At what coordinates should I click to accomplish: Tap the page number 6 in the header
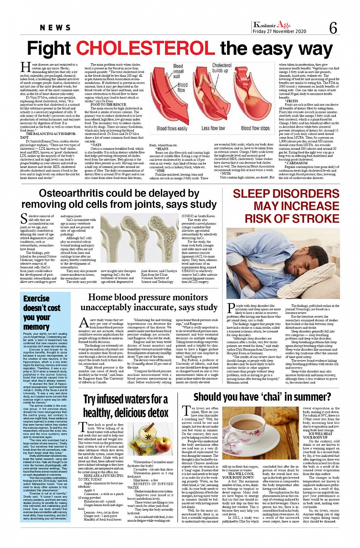tap(333, 28)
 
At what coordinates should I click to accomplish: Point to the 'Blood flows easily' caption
tap(172, 128)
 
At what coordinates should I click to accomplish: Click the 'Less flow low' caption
tap(213, 128)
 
